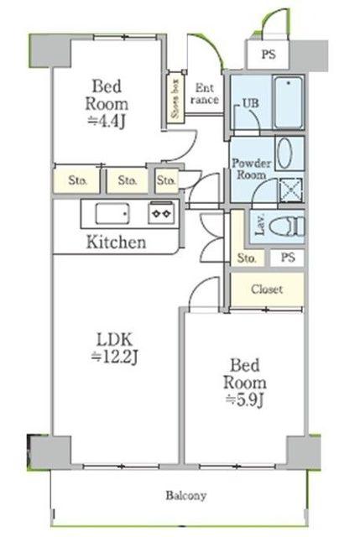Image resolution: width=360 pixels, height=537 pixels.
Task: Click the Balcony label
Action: pos(186,496)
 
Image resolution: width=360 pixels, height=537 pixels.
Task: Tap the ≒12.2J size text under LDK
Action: pos(114,357)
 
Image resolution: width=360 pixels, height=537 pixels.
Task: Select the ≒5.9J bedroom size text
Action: pos(244,400)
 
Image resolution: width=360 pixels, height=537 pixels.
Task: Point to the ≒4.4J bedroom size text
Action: pos(107,121)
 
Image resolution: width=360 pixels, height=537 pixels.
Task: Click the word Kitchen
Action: pos(116,242)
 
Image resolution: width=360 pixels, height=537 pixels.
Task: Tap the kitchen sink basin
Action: pos(112,214)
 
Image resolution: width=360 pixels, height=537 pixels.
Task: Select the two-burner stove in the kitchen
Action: pos(161,213)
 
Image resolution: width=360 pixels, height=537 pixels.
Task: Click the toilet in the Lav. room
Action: pos(287,227)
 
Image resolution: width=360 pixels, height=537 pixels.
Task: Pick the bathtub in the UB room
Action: pos(289,102)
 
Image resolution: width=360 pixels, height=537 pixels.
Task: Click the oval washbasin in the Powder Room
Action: pos(284,154)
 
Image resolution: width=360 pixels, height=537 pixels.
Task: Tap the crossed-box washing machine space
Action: pos(291,190)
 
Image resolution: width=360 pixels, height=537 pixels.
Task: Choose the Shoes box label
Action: pos(175,99)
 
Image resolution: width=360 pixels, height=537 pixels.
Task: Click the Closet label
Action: pos(267,289)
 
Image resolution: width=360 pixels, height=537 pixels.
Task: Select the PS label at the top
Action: pos(269,54)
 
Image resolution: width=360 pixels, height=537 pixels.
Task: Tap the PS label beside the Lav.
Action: pos(288,257)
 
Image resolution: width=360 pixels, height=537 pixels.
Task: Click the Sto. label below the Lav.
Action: pos(246,258)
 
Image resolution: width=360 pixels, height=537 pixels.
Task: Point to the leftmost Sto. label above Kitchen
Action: pos(77,180)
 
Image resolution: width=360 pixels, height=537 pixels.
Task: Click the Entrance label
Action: pos(205,94)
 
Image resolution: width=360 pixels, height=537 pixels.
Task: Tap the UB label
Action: pos(251,103)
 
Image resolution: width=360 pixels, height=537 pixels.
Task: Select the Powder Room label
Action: pos(252,169)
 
